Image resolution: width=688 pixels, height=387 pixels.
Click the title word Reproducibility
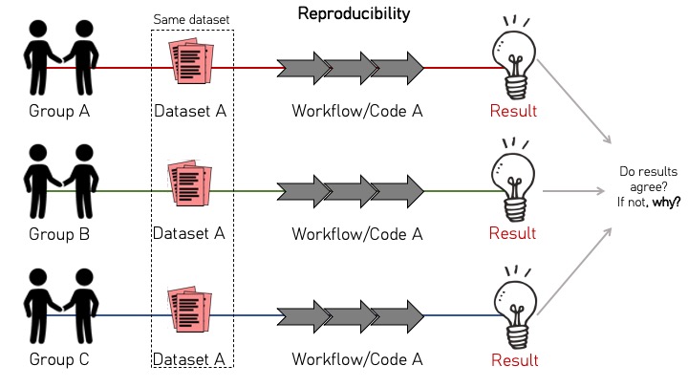(355, 14)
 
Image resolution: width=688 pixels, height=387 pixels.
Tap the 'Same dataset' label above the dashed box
(192, 19)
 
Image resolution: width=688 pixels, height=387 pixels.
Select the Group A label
(59, 110)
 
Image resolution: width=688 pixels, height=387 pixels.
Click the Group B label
(59, 233)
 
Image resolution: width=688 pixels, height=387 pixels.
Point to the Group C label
(59, 359)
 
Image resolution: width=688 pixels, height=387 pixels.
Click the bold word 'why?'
(666, 203)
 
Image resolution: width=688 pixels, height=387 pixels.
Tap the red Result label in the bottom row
(514, 360)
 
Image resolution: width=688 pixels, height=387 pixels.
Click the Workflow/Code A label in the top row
(356, 110)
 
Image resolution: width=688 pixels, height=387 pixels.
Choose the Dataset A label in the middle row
(190, 233)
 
